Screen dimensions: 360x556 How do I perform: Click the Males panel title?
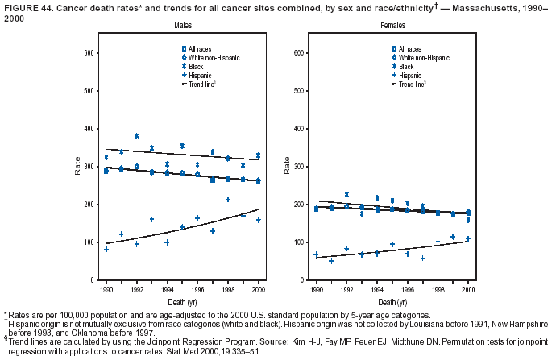tap(182, 27)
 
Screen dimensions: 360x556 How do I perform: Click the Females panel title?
tap(392, 27)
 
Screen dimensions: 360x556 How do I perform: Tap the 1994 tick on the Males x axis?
tap(167, 288)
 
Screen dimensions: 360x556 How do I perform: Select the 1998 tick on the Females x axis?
tap(438, 288)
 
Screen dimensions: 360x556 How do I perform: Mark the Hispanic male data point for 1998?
tap(228, 199)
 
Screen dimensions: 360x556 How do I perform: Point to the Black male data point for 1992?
tap(136, 135)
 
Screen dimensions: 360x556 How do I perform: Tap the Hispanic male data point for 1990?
tap(106, 250)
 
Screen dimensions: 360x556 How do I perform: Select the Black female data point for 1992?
tap(346, 194)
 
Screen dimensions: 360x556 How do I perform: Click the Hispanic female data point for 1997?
tap(422, 259)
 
